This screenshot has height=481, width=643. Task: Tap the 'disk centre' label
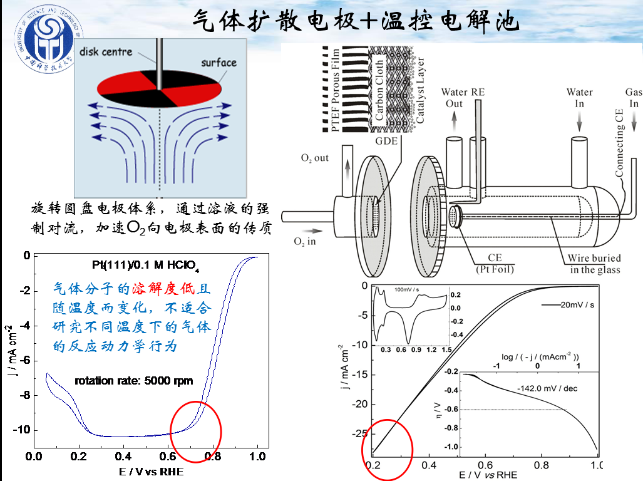point(106,51)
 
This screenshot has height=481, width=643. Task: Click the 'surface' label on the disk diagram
point(219,63)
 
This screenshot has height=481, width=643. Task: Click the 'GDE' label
point(386,141)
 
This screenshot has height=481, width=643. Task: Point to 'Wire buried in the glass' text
point(594,264)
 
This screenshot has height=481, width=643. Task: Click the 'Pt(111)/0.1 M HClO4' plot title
point(145,266)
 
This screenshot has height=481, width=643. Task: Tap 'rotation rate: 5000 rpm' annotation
point(134,380)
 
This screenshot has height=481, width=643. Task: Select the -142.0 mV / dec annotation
point(547,388)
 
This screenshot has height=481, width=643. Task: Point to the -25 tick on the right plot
point(359,433)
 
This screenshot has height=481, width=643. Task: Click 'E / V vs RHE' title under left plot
point(151,471)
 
